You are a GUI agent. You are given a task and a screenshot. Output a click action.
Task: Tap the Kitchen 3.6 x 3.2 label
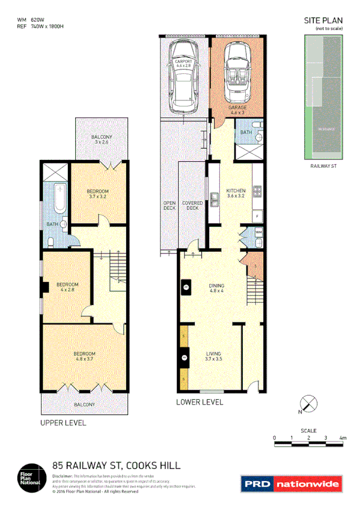235,193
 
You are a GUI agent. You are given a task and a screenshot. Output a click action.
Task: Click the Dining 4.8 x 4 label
216,289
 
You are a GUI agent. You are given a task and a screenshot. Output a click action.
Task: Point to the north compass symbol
308,404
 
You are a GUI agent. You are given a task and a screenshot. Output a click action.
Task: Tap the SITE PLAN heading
323,20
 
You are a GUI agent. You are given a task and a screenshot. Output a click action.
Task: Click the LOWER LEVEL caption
199,402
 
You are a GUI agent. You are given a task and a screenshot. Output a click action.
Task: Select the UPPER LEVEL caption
63,423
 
